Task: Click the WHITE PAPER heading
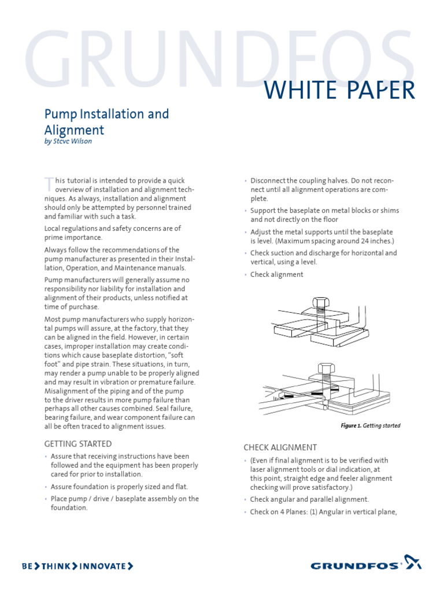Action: pyautogui.click(x=339, y=91)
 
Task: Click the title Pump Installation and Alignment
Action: pyautogui.click(x=107, y=121)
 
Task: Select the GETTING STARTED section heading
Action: pyautogui.click(x=78, y=444)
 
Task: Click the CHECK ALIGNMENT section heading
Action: pyautogui.click(x=280, y=447)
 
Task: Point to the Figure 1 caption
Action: pyautogui.click(x=370, y=426)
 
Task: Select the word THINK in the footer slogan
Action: pyautogui.click(x=60, y=566)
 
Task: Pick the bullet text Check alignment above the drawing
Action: pyautogui.click(x=276, y=275)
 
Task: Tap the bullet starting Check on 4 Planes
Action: pyautogui.click(x=323, y=512)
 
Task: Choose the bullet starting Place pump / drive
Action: pyautogui.click(x=124, y=503)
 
